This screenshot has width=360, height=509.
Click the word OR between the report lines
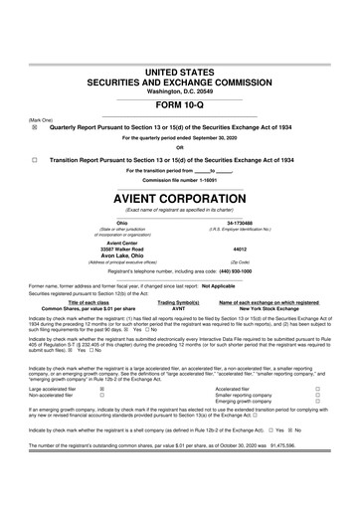180,149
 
